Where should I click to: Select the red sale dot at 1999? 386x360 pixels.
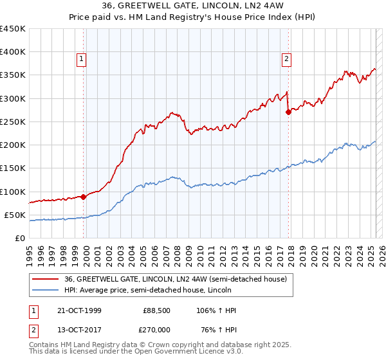(x=84, y=197)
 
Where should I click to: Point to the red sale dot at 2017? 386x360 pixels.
(x=288, y=112)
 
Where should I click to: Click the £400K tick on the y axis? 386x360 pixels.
(x=13, y=52)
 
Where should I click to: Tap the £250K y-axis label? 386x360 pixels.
(x=13, y=122)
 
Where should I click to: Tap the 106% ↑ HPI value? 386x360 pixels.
(x=217, y=310)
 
